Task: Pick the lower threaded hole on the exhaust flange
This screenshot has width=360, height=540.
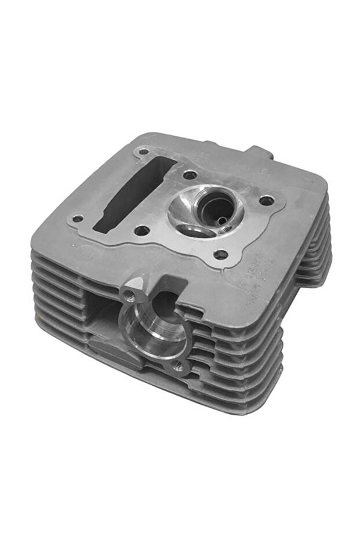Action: click(179, 365)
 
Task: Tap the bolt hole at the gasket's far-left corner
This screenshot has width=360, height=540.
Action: click(77, 219)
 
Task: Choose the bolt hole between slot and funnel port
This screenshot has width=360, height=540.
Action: click(190, 174)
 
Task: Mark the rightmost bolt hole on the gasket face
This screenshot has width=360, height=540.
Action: click(266, 201)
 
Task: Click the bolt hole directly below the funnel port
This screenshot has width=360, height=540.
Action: click(220, 253)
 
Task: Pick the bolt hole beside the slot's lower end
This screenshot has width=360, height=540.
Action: click(144, 231)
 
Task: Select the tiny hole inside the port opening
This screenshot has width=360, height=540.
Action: click(221, 219)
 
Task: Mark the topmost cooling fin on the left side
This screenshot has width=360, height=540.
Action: click(58, 255)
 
